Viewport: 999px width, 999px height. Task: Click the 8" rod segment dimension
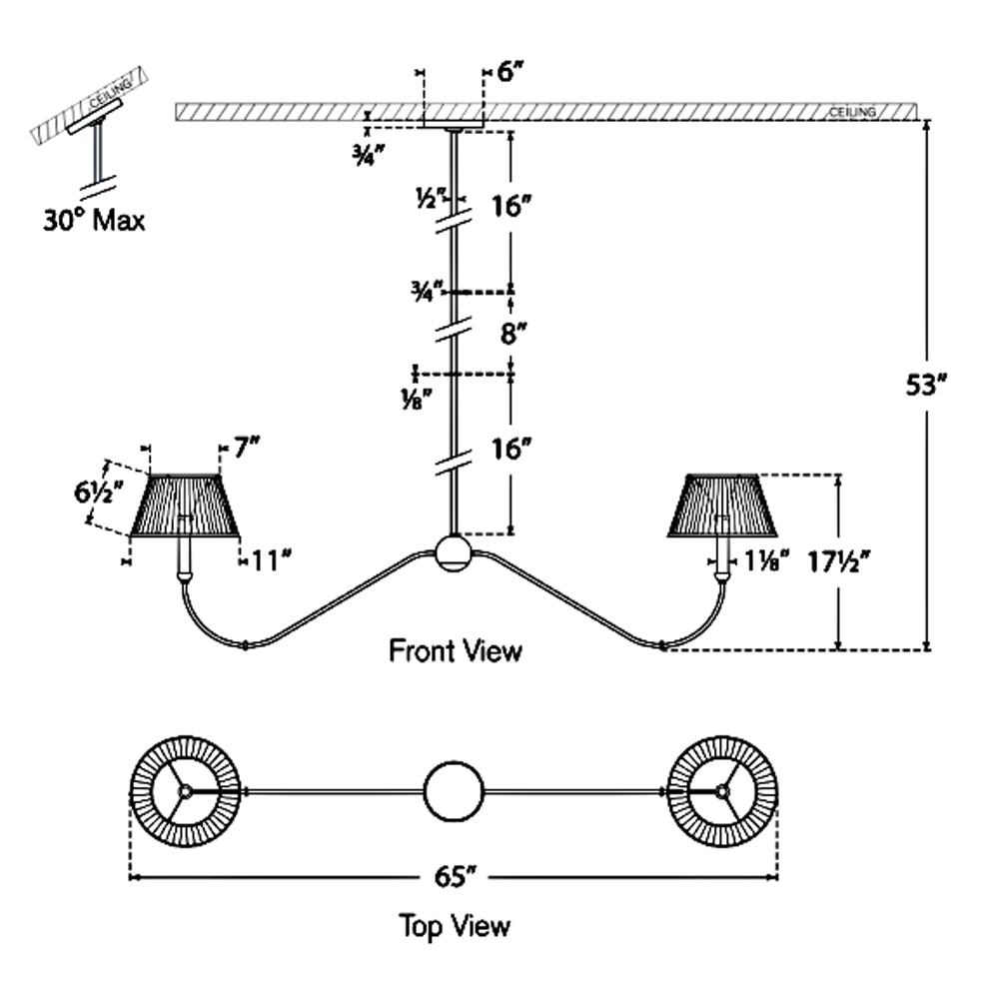pyautogui.click(x=513, y=333)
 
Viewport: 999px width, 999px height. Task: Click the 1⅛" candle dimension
pyautogui.click(x=767, y=561)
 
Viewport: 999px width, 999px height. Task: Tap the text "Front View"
pyautogui.click(x=455, y=651)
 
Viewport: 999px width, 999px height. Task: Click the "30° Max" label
pyautogui.click(x=93, y=220)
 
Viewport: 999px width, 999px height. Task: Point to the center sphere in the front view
pyautogui.click(x=454, y=552)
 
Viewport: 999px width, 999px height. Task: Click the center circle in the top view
pyautogui.click(x=454, y=791)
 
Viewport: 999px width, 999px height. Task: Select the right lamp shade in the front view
pyautogui.click(x=722, y=504)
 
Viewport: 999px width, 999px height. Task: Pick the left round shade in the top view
pyautogui.click(x=185, y=790)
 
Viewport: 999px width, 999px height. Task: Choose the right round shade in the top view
pyautogui.click(x=722, y=790)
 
